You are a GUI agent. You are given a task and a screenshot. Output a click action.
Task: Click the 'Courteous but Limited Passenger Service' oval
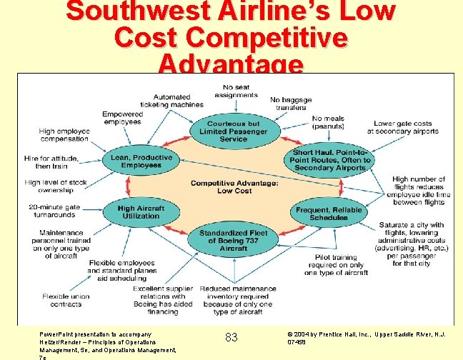click(233, 131)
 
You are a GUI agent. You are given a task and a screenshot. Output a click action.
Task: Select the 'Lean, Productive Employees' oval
click(141, 161)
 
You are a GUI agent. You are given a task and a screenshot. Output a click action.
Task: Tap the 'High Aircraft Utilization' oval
click(141, 212)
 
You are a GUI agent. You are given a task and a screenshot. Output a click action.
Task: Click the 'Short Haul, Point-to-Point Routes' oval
click(330, 160)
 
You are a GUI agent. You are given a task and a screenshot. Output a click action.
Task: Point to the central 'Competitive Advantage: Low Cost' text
click(234, 187)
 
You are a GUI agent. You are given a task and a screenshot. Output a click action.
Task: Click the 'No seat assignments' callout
click(235, 91)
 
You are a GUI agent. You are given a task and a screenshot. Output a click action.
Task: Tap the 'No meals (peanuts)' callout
click(328, 122)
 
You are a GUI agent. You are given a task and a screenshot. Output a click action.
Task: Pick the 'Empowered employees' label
click(122, 118)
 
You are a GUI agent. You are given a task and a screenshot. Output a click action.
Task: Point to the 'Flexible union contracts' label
click(65, 300)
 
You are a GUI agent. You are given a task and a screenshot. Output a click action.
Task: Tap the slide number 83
click(231, 337)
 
